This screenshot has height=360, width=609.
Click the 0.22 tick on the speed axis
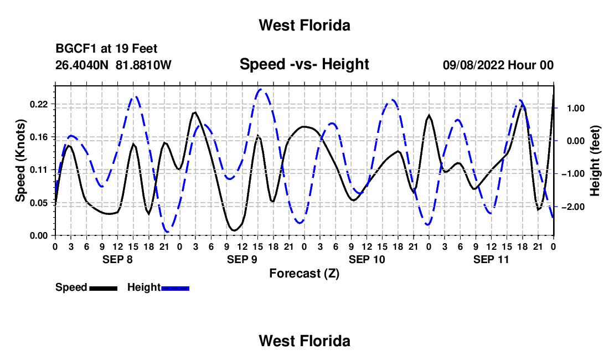pos(38,105)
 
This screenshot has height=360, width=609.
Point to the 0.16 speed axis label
pos(38,137)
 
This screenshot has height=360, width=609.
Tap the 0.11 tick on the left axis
pos(38,170)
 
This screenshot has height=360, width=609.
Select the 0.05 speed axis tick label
pos(38,203)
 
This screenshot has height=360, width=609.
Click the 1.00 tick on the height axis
pos(576,109)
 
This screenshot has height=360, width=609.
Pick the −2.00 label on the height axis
pos(573,207)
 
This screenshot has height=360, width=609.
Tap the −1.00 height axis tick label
pos(573,174)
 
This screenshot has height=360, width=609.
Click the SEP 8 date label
pos(117,259)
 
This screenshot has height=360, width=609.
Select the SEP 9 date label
pos(242,259)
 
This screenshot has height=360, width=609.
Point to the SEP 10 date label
pos(367,259)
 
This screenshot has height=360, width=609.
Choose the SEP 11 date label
pos(491,259)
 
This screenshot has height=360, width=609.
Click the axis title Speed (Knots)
pos(20,161)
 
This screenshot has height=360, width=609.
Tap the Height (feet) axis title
pos(595,161)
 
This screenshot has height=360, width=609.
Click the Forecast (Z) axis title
pos(304,274)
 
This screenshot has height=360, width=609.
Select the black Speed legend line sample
pos(104,288)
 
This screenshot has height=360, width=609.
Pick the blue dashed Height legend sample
pos(175,288)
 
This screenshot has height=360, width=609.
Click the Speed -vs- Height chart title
pos(304,64)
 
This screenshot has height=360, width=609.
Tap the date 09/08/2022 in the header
pos(473,65)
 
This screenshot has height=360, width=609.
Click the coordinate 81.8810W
pos(143,65)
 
